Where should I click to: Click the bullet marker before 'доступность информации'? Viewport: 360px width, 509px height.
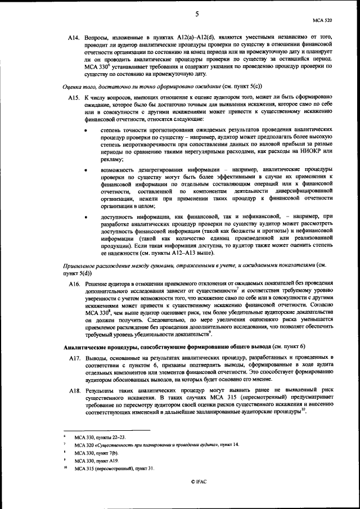85,216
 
